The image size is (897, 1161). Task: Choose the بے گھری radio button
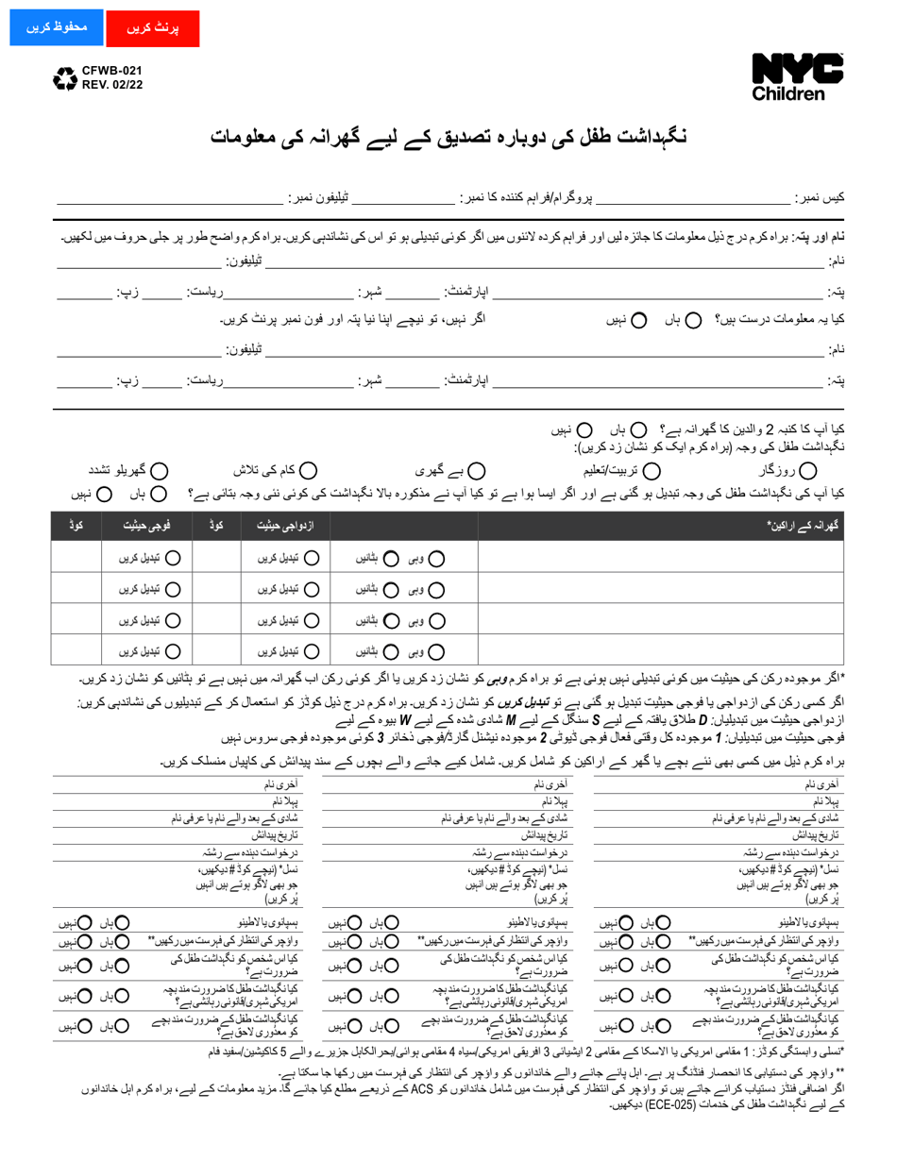coord(478,470)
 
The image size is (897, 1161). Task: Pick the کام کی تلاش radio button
coord(309,470)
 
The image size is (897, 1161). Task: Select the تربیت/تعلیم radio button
coord(652,470)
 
